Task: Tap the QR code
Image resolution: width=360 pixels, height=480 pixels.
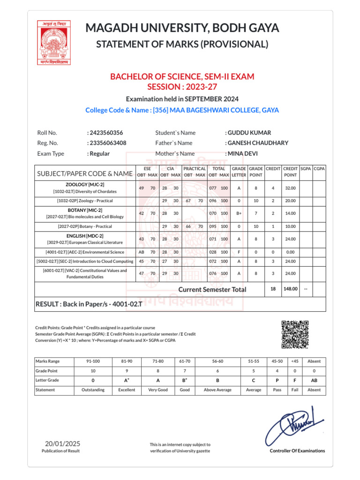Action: point(295,335)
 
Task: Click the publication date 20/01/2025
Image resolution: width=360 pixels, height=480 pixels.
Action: point(63,443)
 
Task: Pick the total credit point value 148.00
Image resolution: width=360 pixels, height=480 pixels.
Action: point(290,289)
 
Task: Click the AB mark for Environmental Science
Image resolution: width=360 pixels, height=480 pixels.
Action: point(142,252)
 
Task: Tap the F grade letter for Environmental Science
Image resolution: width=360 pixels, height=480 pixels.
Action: point(239,252)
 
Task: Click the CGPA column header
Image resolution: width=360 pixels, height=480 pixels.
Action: point(319,168)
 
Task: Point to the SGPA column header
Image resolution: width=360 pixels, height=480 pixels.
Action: point(306,168)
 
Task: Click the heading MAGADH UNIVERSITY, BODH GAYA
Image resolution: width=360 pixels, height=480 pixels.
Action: point(182,28)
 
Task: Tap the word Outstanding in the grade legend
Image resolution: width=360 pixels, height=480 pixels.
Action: point(93,390)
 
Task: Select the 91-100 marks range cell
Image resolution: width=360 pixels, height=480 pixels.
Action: point(93,361)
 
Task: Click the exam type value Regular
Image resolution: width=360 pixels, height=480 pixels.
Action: point(99,153)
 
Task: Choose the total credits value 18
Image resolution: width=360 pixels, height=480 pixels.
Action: point(273,289)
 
